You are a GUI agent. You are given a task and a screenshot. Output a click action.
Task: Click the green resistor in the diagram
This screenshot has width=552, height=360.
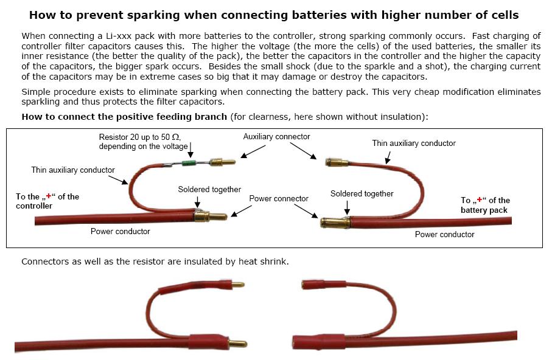pos(190,163)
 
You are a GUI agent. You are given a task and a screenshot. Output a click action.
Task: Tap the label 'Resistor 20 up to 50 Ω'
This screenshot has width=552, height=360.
pos(140,137)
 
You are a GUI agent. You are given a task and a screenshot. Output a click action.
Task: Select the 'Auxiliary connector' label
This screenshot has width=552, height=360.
pos(276,137)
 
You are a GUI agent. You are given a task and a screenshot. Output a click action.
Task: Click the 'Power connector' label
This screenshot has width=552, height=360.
pos(279,198)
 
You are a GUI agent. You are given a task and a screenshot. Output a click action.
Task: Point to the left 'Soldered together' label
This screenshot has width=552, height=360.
pos(209,189)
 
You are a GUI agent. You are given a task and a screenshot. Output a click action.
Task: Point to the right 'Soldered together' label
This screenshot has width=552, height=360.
pos(362,193)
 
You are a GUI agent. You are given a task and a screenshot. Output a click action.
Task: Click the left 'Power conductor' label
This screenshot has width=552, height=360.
pos(121,231)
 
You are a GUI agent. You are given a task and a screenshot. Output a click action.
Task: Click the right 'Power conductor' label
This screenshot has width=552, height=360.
pos(445,234)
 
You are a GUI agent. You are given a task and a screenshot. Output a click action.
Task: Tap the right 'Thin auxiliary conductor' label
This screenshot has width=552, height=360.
pos(414,144)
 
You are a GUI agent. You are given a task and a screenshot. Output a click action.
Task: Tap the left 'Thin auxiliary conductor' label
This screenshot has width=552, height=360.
pos(73,170)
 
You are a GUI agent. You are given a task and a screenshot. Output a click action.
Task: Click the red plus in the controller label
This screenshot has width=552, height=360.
pos(49,196)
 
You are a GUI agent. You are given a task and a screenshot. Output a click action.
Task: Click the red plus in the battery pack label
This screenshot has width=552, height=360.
pos(479,200)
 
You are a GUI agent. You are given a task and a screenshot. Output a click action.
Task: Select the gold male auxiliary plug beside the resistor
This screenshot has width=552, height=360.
pos(222,162)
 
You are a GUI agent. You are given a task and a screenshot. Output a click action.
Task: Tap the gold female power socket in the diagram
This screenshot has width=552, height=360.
pos(335,223)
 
